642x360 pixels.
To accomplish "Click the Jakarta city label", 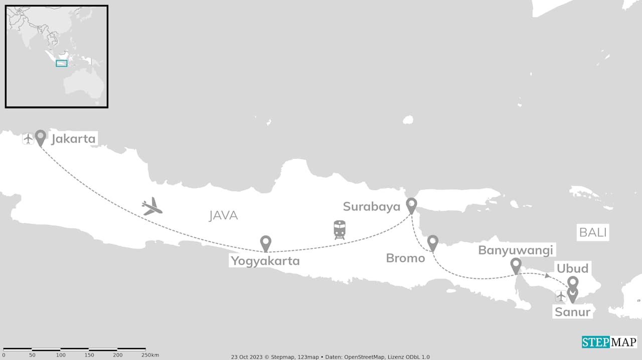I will pyautogui.click(x=73, y=139).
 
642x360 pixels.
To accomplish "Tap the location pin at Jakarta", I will pyautogui.click(x=40, y=137).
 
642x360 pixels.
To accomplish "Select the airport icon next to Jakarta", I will pyautogui.click(x=28, y=139).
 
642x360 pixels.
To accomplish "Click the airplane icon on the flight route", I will pyautogui.click(x=152, y=207).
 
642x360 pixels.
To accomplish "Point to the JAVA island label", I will pyautogui.click(x=223, y=216).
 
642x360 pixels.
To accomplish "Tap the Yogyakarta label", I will pyautogui.click(x=265, y=261).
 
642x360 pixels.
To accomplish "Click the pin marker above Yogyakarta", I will pyautogui.click(x=266, y=243).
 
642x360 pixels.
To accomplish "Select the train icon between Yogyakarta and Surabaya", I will pyautogui.click(x=340, y=230).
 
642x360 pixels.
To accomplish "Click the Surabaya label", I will pyautogui.click(x=372, y=207).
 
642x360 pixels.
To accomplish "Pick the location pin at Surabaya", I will pyautogui.click(x=411, y=205).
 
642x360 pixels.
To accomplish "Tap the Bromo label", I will pyautogui.click(x=405, y=258).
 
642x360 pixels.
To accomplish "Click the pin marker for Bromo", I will pyautogui.click(x=433, y=242).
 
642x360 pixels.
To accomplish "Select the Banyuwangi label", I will pyautogui.click(x=516, y=250).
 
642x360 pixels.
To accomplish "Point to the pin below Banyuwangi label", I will pyautogui.click(x=516, y=265).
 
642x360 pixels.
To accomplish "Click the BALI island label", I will pyautogui.click(x=593, y=233).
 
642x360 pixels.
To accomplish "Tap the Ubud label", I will pyautogui.click(x=572, y=268).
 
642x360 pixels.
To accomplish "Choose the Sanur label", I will pyautogui.click(x=572, y=312).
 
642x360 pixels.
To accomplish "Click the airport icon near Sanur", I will pyautogui.click(x=561, y=296).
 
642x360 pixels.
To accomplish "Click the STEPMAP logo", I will pyautogui.click(x=609, y=342).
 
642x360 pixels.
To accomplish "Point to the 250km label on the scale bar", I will pyautogui.click(x=149, y=355).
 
